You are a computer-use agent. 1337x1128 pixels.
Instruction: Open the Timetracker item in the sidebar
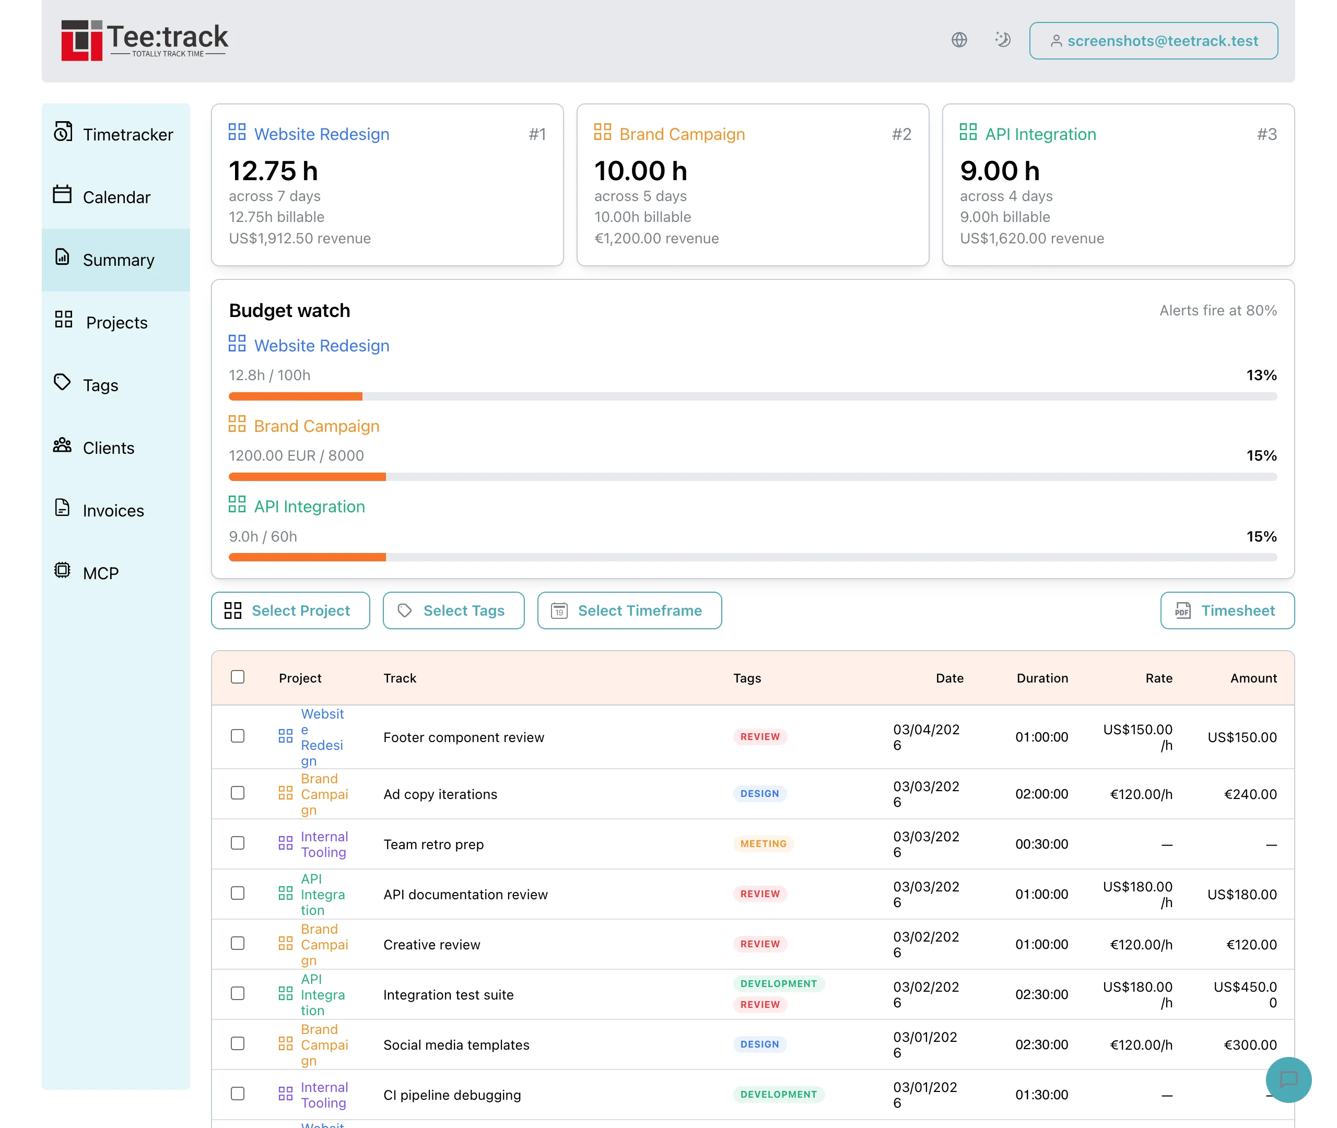point(115,134)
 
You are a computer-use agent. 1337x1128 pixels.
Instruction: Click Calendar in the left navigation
point(115,197)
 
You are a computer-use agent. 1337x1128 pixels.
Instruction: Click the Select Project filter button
point(290,610)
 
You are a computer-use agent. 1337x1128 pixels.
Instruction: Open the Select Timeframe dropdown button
point(629,610)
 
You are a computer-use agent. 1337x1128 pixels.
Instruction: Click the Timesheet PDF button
point(1226,610)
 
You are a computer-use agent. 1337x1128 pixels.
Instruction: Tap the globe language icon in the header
point(958,40)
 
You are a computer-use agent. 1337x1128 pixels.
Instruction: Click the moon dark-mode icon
point(1002,40)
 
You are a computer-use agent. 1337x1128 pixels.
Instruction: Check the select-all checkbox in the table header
point(238,677)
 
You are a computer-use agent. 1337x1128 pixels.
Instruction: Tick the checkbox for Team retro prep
point(238,843)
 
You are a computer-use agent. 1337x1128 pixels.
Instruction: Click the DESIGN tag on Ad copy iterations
point(759,794)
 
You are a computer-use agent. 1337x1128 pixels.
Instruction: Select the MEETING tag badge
point(763,843)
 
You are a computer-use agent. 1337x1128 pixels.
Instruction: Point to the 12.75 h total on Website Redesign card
point(274,171)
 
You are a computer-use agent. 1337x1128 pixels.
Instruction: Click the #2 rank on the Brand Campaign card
point(901,134)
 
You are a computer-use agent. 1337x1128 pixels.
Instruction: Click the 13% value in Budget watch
point(1260,375)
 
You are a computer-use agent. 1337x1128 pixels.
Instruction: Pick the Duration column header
point(1041,678)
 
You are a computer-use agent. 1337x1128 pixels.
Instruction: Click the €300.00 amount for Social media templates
point(1249,1045)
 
